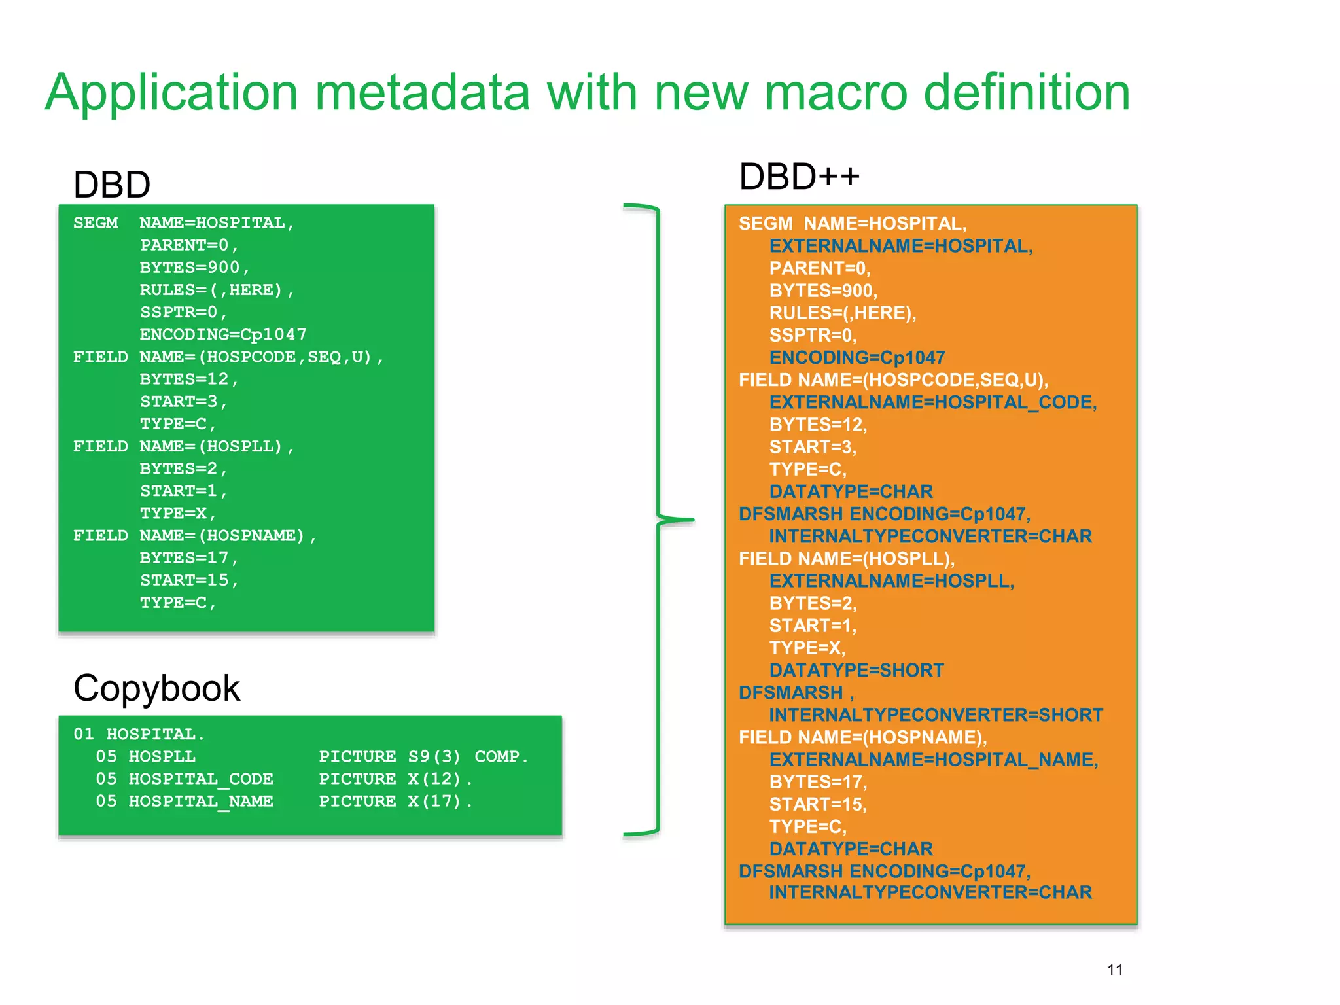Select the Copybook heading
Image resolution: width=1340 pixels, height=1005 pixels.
click(x=156, y=688)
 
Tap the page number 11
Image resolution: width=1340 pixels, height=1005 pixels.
click(x=1115, y=970)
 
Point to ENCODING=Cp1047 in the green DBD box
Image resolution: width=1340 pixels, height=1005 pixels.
click(x=222, y=334)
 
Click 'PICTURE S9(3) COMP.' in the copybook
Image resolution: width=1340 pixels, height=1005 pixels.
click(x=423, y=756)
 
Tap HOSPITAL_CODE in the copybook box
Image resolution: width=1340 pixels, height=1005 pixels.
click(x=201, y=779)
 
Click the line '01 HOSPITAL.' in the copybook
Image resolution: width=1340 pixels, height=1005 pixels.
click(x=139, y=734)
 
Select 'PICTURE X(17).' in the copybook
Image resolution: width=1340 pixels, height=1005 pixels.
click(x=395, y=802)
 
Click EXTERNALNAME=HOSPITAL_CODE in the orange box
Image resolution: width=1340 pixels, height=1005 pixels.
click(x=932, y=402)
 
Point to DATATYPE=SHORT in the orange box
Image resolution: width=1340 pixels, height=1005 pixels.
click(x=856, y=671)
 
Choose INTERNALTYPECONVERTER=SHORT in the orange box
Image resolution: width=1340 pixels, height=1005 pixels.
click(x=935, y=715)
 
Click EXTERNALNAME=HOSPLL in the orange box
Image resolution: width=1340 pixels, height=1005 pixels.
click(x=891, y=581)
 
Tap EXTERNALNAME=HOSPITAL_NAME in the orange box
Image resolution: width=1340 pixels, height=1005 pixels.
click(x=933, y=760)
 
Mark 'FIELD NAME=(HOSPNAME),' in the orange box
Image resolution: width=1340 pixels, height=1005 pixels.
click(x=862, y=737)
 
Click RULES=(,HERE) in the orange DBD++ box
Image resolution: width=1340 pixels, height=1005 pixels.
click(x=842, y=313)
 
